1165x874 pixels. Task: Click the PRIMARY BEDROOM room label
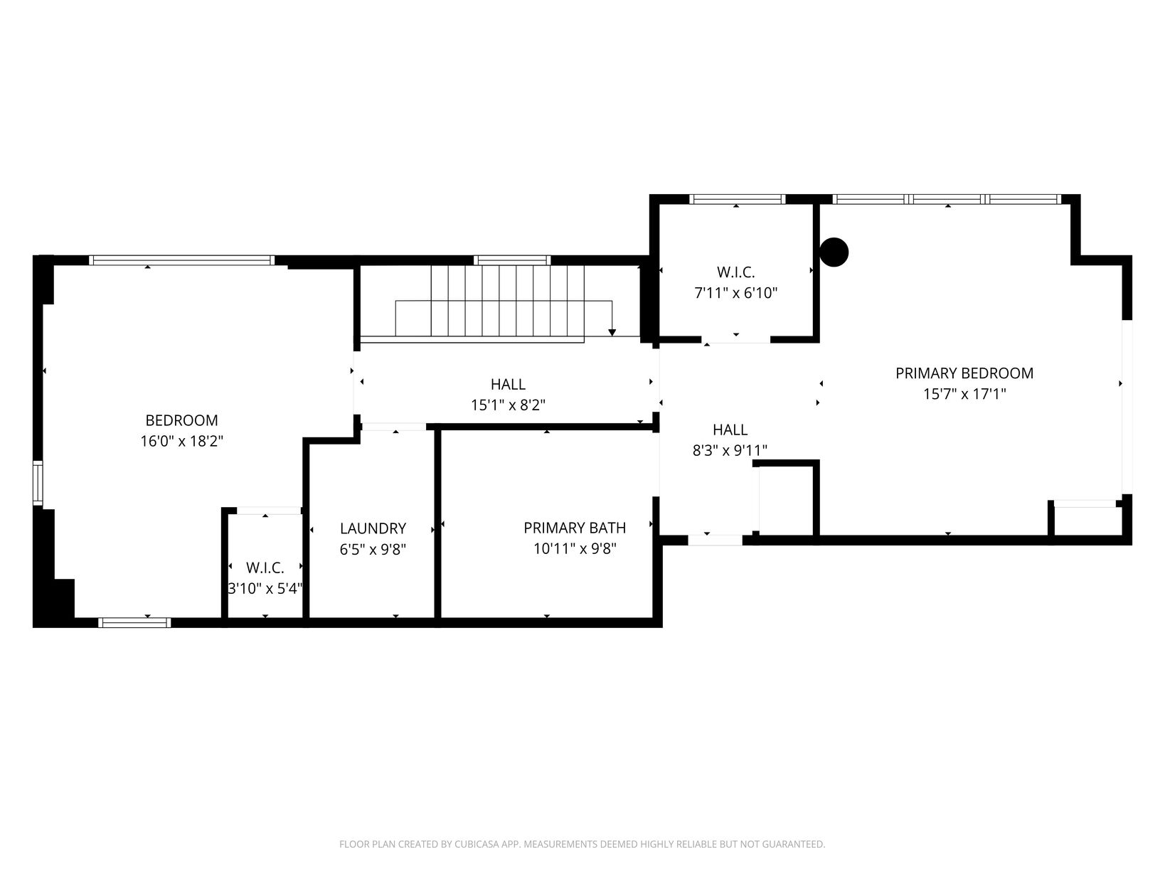964,373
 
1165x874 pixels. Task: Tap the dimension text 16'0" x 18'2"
181,441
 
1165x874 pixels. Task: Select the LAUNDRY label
373,528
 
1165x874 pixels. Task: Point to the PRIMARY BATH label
574,528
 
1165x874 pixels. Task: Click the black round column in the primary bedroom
834,252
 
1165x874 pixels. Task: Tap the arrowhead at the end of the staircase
612,332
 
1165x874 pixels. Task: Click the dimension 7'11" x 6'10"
735,293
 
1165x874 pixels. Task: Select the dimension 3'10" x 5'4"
265,589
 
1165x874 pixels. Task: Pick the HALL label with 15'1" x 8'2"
508,384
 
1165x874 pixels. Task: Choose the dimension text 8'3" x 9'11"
730,451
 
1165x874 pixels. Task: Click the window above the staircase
511,260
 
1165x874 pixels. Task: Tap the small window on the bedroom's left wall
38,483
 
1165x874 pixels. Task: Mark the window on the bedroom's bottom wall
134,622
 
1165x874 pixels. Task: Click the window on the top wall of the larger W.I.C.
737,199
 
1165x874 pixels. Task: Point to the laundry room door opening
393,427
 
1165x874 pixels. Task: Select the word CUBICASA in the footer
476,843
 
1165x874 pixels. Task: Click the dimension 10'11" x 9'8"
574,548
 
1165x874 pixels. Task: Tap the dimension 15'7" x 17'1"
964,394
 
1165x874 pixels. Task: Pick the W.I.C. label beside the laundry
265,567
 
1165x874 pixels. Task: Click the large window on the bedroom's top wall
181,260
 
